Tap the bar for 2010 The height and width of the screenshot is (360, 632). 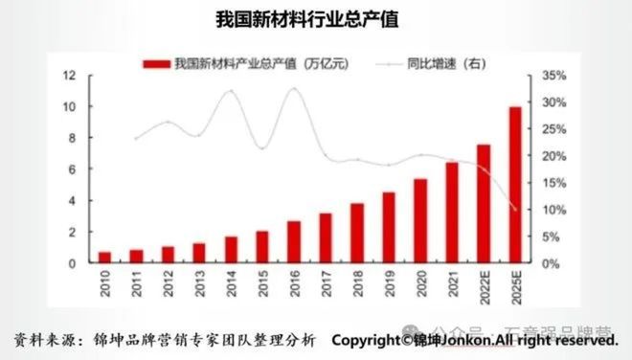coord(104,257)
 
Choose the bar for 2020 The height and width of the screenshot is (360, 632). coord(420,220)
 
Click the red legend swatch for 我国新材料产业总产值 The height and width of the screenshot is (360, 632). coord(157,64)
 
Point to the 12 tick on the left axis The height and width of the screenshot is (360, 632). coord(70,75)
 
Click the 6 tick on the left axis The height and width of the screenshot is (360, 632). coord(72,169)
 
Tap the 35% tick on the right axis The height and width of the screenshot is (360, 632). coord(554,75)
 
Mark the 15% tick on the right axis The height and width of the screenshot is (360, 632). coord(554,182)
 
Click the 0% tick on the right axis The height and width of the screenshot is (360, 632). coord(552,262)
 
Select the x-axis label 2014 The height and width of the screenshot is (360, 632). coord(231,284)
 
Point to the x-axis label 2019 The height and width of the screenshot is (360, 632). coord(389,284)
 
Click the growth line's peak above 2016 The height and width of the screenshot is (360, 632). coord(293,90)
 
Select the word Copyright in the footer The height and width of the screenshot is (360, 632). coord(366,341)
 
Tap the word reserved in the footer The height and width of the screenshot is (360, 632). coord(584,341)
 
